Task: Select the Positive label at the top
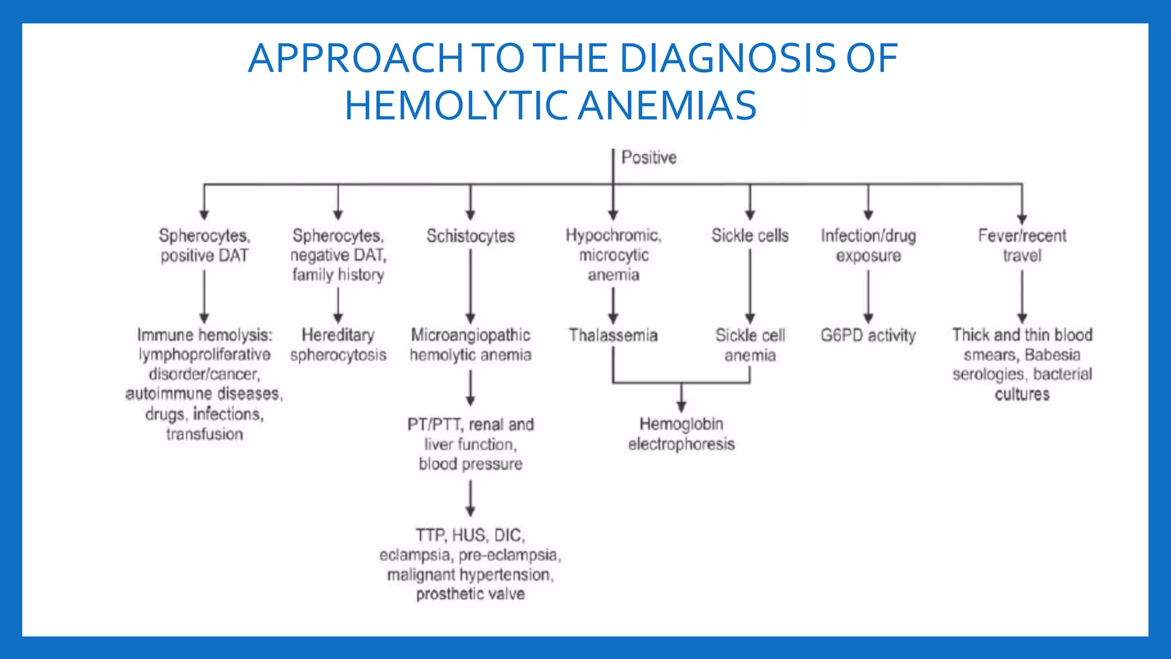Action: pos(648,157)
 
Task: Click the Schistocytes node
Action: pos(470,236)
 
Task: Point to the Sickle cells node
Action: pos(750,235)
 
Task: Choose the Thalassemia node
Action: pos(613,335)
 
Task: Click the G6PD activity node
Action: pos(868,335)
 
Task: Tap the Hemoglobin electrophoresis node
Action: pos(681,434)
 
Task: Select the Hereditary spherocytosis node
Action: pos(338,344)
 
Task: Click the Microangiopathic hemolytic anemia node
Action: pos(470,344)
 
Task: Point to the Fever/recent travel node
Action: pos(1022,245)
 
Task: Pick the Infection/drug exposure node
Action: pos(868,245)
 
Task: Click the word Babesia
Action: pos(1052,355)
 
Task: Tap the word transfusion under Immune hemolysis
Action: pos(204,434)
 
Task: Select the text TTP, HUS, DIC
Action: pos(470,535)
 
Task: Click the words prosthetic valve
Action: pos(470,594)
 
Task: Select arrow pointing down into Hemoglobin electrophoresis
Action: pos(681,397)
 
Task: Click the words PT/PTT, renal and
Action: pos(470,424)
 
